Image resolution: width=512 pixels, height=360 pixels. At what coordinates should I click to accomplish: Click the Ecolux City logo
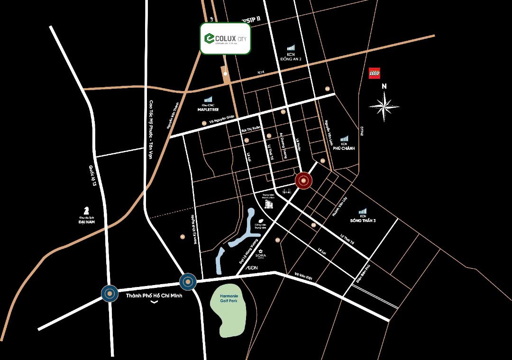[225, 38]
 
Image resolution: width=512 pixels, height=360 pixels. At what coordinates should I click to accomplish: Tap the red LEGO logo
[374, 73]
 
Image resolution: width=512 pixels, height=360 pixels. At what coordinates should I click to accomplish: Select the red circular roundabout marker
[303, 181]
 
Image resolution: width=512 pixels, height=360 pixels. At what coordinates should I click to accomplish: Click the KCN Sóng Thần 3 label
[363, 218]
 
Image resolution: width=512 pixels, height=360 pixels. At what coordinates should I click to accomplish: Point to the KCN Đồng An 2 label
[291, 56]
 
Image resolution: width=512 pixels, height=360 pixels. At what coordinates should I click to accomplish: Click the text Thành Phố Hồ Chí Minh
[151, 295]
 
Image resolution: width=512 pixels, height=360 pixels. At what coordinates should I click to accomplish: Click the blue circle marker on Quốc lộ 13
[110, 294]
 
